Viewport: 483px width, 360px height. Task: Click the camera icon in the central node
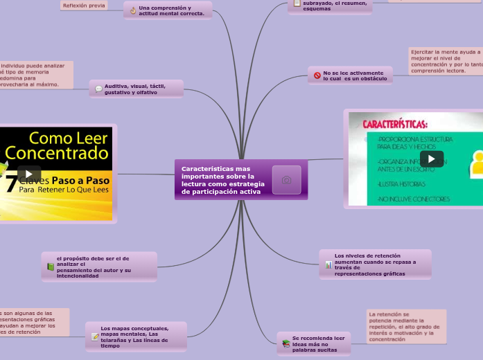(x=286, y=180)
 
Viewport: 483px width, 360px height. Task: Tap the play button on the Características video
(x=431, y=159)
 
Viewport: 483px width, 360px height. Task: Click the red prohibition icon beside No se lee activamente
(x=317, y=75)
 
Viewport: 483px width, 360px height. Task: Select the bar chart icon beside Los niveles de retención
(x=328, y=265)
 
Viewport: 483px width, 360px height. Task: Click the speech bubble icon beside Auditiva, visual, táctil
(x=98, y=89)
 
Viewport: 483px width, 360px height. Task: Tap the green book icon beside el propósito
(x=51, y=267)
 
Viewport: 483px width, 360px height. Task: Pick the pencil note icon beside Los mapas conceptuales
(x=95, y=337)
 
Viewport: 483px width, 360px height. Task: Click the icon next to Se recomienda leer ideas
(x=286, y=344)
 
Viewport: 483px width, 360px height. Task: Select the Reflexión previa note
(x=84, y=6)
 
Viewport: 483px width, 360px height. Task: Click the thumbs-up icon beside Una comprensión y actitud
(x=133, y=10)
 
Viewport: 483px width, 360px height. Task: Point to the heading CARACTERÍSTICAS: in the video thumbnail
(x=395, y=125)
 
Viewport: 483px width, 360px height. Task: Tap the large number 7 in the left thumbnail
(x=10, y=184)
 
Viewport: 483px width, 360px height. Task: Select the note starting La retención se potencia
(x=406, y=327)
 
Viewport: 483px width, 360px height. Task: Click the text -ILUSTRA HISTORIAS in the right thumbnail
(x=402, y=184)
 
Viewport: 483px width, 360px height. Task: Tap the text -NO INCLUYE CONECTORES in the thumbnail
(x=414, y=199)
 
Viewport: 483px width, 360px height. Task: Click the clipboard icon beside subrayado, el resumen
(x=297, y=3)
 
